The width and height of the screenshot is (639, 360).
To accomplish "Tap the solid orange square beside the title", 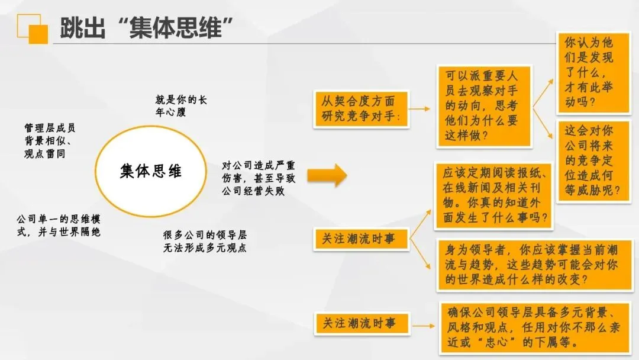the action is click(38, 34).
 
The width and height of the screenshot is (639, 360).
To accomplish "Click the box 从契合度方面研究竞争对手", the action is click(361, 109).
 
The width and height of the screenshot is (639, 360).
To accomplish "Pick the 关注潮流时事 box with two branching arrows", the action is click(361, 239).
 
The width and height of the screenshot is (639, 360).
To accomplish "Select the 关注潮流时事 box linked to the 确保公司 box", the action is click(361, 324).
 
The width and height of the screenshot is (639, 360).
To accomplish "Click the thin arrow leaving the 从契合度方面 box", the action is click(419, 110).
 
